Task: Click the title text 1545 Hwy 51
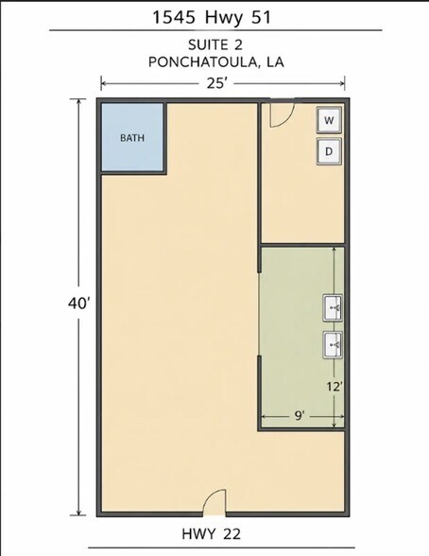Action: pyautogui.click(x=212, y=17)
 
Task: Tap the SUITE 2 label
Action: pyautogui.click(x=215, y=45)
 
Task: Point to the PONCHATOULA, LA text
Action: pyautogui.click(x=216, y=62)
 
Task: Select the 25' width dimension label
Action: pyautogui.click(x=216, y=83)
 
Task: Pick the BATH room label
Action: pyautogui.click(x=132, y=138)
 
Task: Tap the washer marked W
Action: pyautogui.click(x=329, y=120)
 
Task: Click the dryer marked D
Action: pyautogui.click(x=329, y=151)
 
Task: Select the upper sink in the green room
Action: pyautogui.click(x=333, y=308)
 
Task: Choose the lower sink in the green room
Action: pyautogui.click(x=333, y=344)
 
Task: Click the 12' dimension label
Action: pyautogui.click(x=335, y=387)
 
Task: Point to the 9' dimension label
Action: pyautogui.click(x=300, y=415)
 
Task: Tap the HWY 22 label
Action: pyautogui.click(x=211, y=533)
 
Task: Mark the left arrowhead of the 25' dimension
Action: pyautogui.click(x=103, y=84)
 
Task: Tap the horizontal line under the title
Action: pyautogui.click(x=215, y=30)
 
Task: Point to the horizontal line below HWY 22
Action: pyautogui.click(x=221, y=547)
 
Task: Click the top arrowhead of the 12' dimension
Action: pyautogui.click(x=335, y=251)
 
